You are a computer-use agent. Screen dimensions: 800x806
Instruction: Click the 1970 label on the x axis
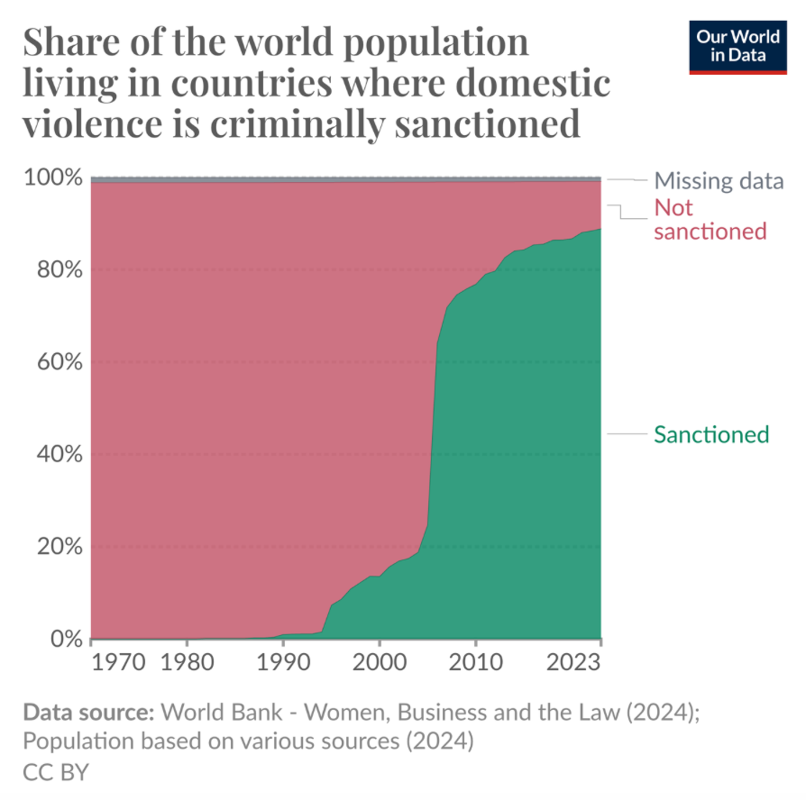tap(119, 664)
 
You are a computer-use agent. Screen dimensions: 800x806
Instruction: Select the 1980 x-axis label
tap(187, 664)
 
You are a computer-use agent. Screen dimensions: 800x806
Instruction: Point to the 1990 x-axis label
tap(283, 664)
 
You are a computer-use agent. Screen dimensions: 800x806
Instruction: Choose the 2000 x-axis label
tap(380, 664)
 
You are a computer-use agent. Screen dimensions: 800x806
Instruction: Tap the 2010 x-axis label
tap(476, 664)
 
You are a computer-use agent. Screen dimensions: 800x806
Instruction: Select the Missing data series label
tap(719, 181)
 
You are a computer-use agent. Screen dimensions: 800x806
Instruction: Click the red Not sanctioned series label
tap(710, 220)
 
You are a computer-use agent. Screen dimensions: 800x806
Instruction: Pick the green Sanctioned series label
tap(711, 435)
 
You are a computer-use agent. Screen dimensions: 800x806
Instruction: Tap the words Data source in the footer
tap(87, 714)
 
